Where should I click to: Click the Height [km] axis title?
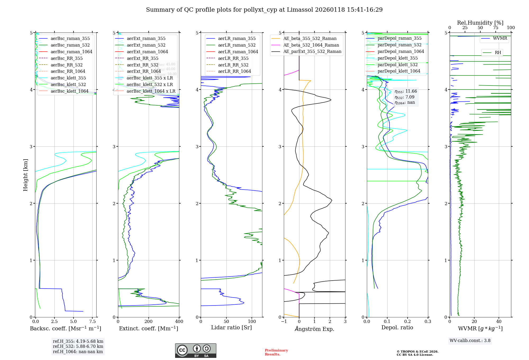pos(25,175)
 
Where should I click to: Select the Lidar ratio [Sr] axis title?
pos(231,328)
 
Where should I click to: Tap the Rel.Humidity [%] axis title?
pos(480,23)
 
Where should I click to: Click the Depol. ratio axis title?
pos(397,328)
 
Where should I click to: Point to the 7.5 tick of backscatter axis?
pos(92,322)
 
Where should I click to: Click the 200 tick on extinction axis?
pos(149,322)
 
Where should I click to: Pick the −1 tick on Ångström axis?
pos(284,322)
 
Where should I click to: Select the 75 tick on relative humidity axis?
pos(495,28)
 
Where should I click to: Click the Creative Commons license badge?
pos(195,351)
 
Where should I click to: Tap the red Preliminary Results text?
pos(276,352)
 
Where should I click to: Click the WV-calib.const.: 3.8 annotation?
pos(470,341)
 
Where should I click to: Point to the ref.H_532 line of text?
pos(78,346)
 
